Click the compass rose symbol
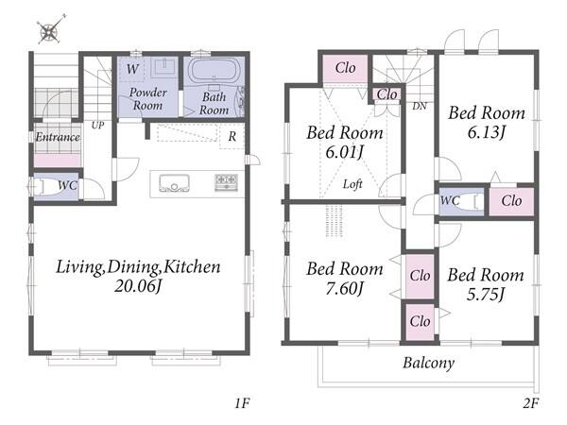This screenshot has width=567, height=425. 49,31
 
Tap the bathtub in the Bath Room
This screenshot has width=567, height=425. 214,71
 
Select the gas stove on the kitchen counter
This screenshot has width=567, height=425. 227,181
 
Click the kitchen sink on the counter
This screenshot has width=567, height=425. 174,183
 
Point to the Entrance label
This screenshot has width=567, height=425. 58,137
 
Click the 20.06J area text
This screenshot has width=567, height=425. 138,286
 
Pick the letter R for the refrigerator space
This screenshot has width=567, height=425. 232,136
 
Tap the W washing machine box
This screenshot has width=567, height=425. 132,69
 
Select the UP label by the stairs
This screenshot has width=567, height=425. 97,125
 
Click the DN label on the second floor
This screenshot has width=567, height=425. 420,106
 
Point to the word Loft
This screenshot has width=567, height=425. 352,184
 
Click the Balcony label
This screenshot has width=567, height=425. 429,363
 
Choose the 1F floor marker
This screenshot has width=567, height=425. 242,403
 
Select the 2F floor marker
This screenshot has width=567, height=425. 531,403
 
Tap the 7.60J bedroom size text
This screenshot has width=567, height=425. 344,288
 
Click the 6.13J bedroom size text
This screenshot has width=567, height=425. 487,132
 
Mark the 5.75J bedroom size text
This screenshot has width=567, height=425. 486,295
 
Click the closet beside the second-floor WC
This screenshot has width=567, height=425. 511,201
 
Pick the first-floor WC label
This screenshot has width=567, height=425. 67,185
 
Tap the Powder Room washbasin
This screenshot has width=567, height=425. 164,67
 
